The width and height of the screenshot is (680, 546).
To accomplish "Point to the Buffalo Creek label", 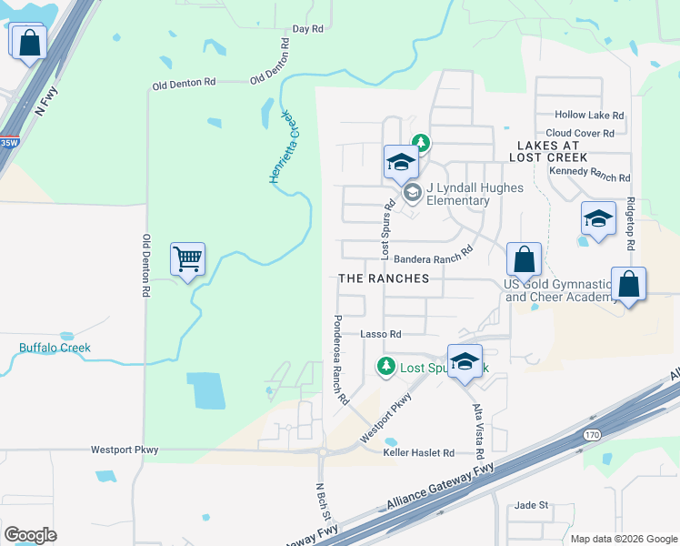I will pos(55,348).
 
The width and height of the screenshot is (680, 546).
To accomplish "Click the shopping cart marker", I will pos(187,260).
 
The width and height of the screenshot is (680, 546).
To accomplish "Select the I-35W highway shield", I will pos(8,143).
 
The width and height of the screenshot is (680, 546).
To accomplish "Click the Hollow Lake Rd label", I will pos(591,116).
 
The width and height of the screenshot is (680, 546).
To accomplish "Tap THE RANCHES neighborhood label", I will pos(383,278).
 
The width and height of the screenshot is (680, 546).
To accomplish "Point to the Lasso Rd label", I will pos(381,334).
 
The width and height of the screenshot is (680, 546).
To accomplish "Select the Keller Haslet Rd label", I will pos(418,452).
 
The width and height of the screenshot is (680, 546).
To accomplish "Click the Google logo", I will pos(30,535).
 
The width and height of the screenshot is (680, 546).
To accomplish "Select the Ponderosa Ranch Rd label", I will pos(340,359).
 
